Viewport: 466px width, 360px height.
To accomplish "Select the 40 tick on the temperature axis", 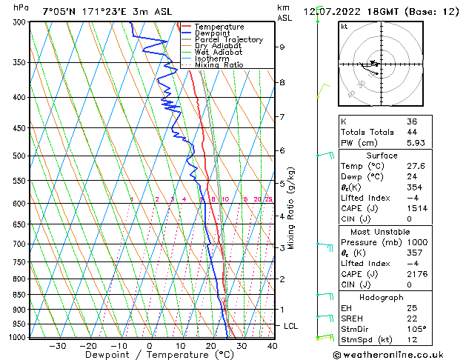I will [x=272, y=346].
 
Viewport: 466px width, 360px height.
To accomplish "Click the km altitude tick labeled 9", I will [x=282, y=47].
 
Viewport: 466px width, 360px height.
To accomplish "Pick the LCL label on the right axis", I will [x=292, y=326].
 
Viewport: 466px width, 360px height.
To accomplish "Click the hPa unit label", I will [x=21, y=7].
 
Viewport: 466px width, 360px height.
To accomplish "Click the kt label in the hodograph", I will [x=344, y=27].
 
